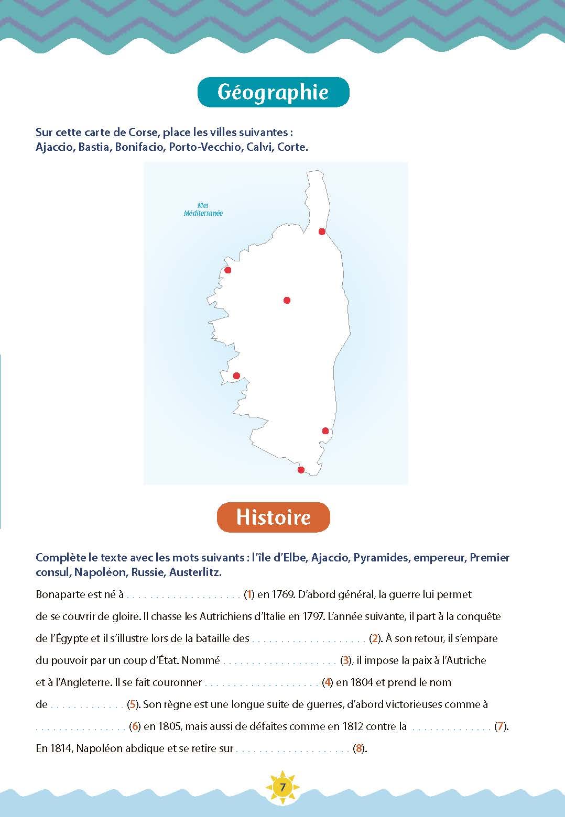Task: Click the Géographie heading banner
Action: point(273,92)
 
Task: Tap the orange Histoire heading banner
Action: point(273,517)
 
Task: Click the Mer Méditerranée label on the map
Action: point(203,209)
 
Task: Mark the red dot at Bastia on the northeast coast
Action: point(322,231)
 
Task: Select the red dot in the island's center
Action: point(287,300)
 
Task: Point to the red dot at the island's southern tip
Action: point(301,470)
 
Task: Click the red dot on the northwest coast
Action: point(228,270)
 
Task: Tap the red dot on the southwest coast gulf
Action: point(236,376)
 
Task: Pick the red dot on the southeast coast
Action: point(325,431)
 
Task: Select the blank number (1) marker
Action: point(249,594)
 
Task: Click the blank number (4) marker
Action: point(328,682)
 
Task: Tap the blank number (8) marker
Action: point(358,748)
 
